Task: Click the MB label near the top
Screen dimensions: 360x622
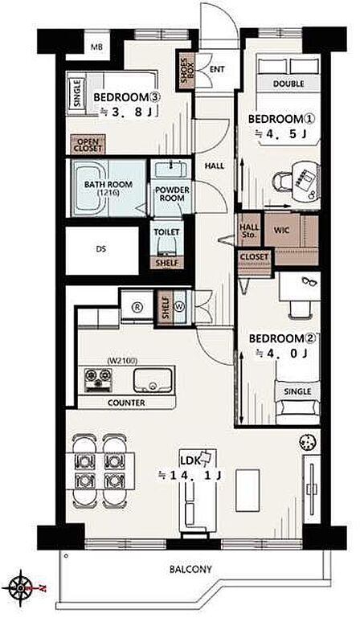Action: point(96,47)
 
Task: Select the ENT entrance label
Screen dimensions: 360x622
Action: point(217,69)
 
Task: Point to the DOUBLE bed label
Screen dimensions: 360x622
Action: point(288,84)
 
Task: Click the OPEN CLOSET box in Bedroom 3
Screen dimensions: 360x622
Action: point(88,145)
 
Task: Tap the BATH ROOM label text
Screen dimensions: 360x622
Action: point(108,185)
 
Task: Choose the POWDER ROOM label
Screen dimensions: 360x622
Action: point(172,194)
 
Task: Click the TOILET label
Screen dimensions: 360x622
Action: point(166,232)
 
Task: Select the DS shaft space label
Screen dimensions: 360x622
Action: point(100,250)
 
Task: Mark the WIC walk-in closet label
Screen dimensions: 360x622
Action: point(281,230)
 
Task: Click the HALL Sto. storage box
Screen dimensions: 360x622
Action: point(249,231)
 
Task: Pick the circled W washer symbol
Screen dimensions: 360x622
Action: point(180,308)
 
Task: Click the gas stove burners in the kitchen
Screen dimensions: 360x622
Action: point(97,379)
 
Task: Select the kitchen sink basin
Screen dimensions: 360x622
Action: point(153,379)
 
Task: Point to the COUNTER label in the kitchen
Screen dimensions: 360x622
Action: point(126,403)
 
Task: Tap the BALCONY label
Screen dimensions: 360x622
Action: point(190,569)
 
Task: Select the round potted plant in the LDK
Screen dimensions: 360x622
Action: point(309,441)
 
